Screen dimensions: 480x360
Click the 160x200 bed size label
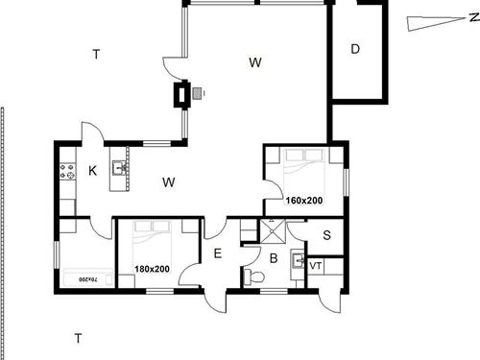click(304, 201)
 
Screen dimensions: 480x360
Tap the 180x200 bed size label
click(152, 269)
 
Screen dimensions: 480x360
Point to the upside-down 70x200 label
click(87, 279)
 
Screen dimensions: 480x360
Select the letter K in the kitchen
click(92, 171)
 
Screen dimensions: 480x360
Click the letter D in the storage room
click(355, 49)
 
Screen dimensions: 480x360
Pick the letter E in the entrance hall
click(217, 253)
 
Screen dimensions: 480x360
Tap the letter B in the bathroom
click(274, 258)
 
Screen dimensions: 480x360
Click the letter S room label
click(326, 235)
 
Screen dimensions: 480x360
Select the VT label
click(316, 266)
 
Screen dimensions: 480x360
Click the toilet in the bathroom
click(253, 276)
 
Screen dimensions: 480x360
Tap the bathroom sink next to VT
click(298, 260)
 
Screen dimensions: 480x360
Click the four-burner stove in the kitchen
click(68, 171)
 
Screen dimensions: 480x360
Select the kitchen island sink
click(119, 168)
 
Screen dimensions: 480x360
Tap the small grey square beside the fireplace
click(197, 93)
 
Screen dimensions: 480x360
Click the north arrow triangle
click(436, 23)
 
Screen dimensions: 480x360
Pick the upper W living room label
click(255, 62)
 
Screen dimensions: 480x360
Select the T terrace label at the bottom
click(78, 338)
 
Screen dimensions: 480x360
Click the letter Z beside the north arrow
click(474, 17)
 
